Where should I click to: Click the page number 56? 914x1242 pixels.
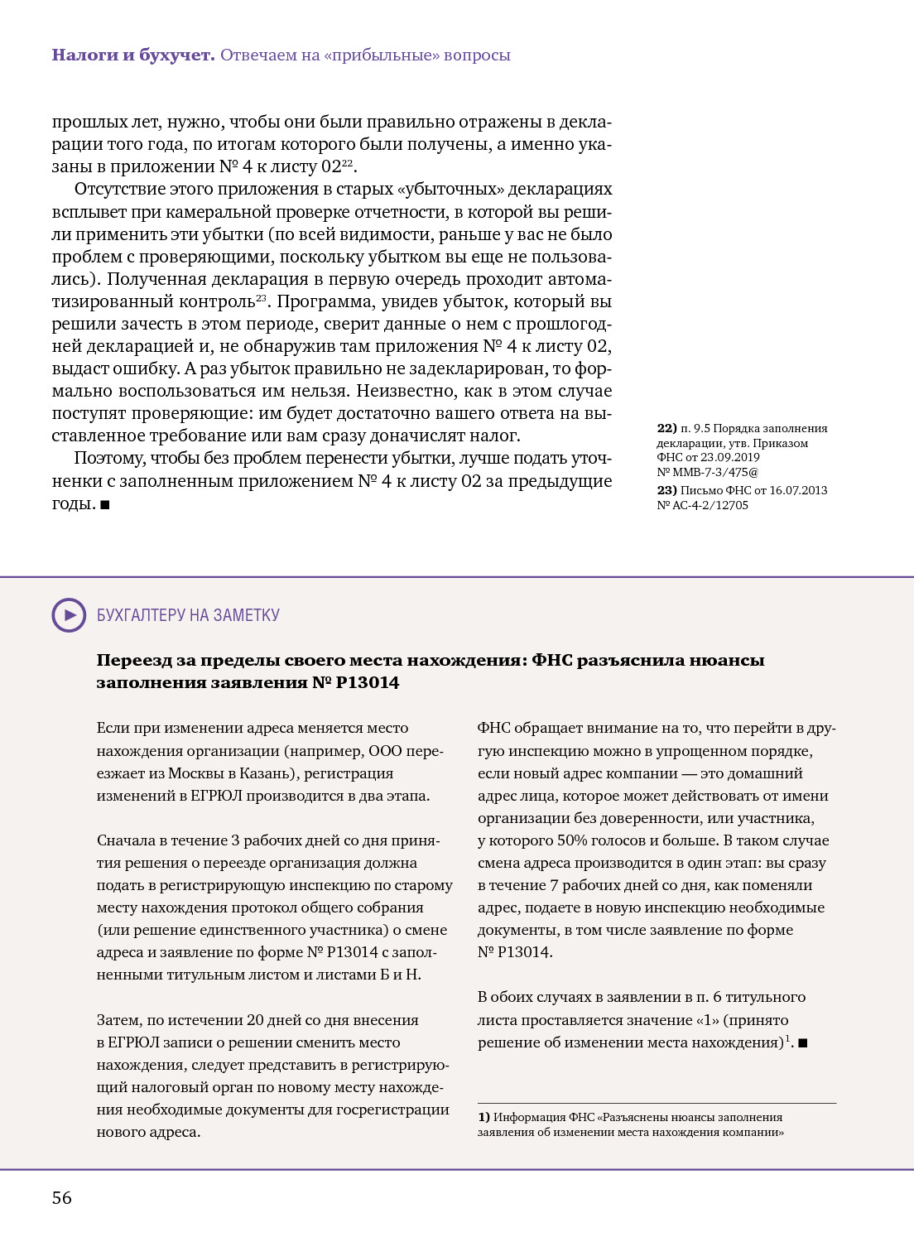point(62,1198)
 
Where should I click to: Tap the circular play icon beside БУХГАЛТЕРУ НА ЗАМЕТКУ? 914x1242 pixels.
point(69,615)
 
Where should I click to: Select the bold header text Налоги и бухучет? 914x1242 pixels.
point(133,55)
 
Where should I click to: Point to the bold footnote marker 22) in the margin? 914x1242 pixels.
point(666,429)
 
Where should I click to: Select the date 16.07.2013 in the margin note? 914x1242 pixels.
point(798,490)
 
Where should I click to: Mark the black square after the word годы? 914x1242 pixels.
point(105,504)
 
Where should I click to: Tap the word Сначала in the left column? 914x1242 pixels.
point(126,840)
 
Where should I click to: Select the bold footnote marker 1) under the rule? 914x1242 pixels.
point(484,1117)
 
